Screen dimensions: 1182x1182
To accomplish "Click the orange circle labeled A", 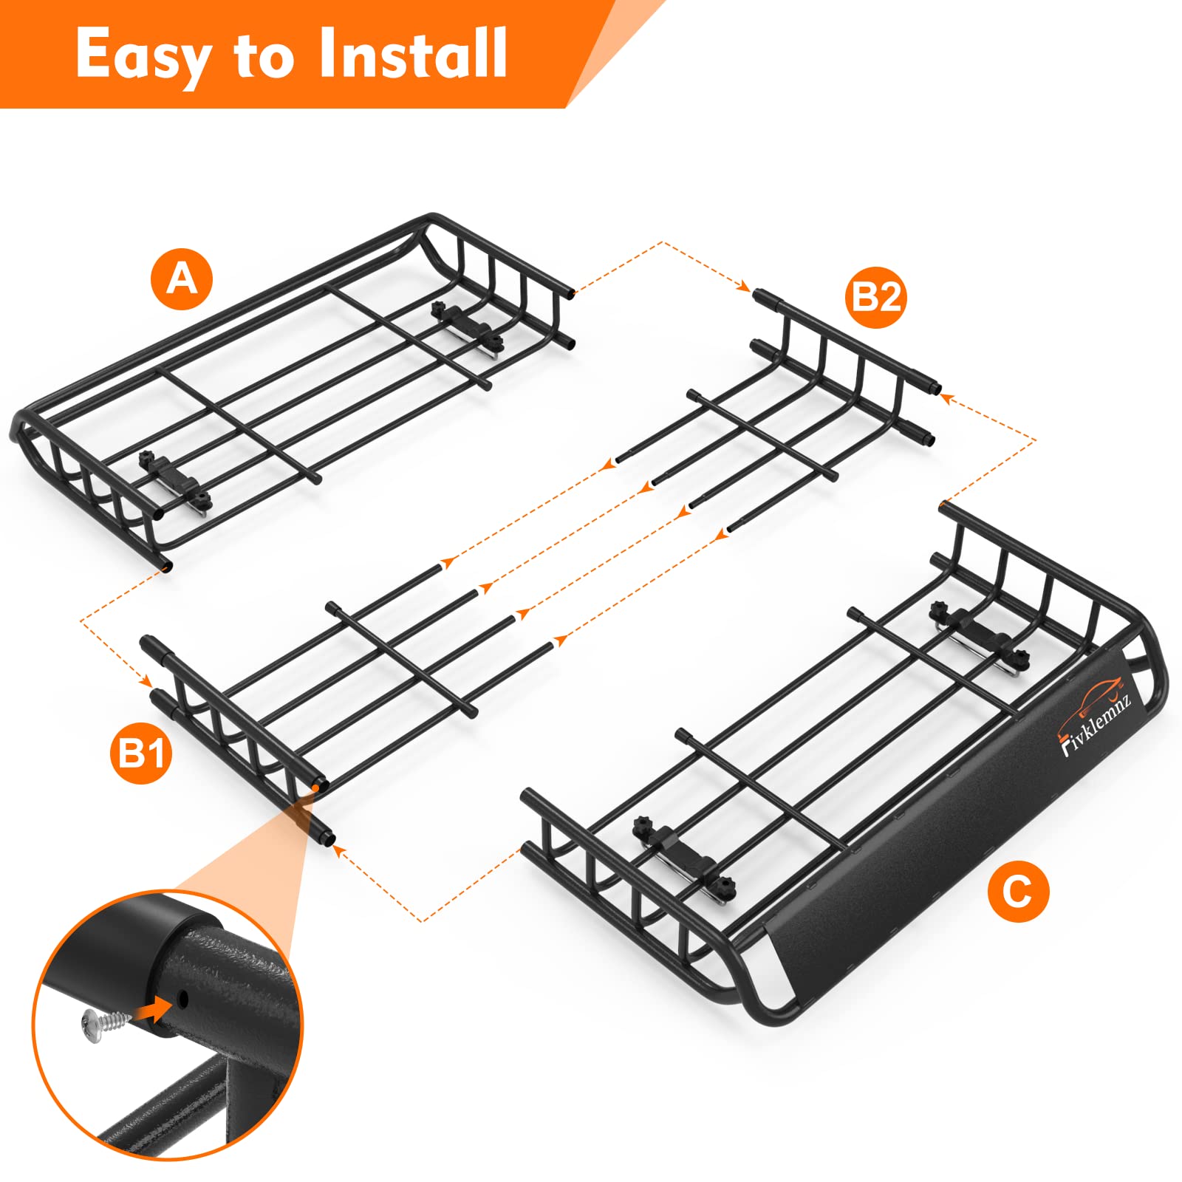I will click(182, 280).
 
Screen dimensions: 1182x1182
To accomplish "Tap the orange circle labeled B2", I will click(876, 298).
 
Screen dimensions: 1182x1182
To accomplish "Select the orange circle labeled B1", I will click(140, 754).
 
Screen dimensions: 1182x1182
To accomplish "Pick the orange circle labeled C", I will click(1018, 892).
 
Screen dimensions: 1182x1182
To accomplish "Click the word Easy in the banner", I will click(142, 56).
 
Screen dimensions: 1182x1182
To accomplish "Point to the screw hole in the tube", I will click(182, 1000).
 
